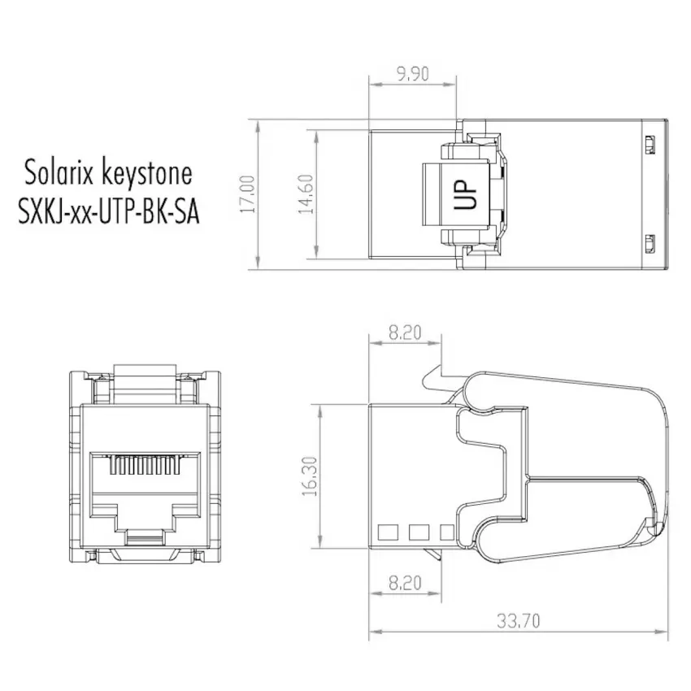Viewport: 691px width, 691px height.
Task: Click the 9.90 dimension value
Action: [x=412, y=74]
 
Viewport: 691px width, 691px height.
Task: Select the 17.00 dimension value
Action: [x=247, y=194]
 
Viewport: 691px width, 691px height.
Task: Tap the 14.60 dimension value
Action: [x=306, y=194]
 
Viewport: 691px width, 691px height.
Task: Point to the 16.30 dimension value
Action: [x=310, y=476]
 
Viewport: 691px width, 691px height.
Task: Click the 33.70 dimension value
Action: [x=519, y=621]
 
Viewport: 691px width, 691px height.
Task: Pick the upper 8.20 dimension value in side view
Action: [x=405, y=332]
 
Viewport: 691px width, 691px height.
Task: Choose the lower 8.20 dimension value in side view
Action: [x=405, y=583]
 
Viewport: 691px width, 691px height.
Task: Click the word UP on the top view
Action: [x=465, y=194]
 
